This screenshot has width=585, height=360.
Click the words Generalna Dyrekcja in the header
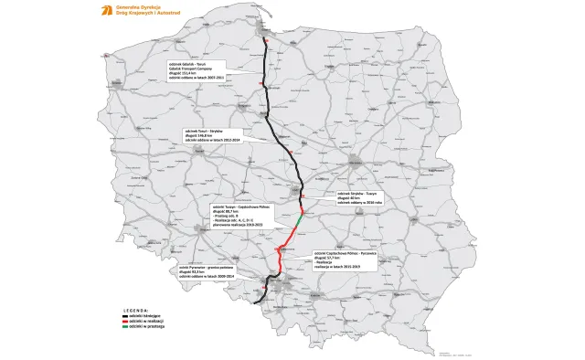pos(129,7)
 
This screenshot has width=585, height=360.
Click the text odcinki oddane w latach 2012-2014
pos(212,141)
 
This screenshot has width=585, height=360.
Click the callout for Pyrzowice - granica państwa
pos(208,270)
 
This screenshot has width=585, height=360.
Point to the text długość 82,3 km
pos(196,270)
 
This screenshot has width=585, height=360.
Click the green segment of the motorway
pos(300,223)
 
